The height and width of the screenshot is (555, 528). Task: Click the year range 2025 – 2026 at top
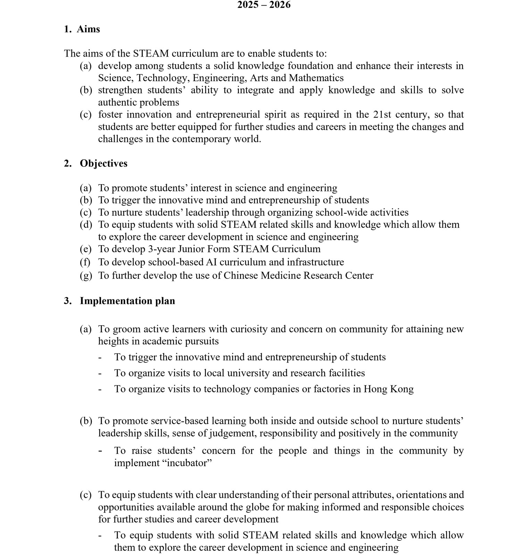pos(264,5)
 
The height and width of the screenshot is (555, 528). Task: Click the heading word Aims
pos(88,29)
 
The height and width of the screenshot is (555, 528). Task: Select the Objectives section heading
pos(104,163)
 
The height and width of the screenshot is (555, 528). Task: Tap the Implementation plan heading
pos(127,301)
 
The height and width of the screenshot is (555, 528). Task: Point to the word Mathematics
pos(316,78)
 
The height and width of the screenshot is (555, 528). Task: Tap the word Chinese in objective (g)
pos(241,275)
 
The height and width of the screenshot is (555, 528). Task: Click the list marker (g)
pos(86,276)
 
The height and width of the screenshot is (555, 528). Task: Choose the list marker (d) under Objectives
pos(86,225)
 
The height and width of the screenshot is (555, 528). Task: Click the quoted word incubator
pos(187,463)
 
